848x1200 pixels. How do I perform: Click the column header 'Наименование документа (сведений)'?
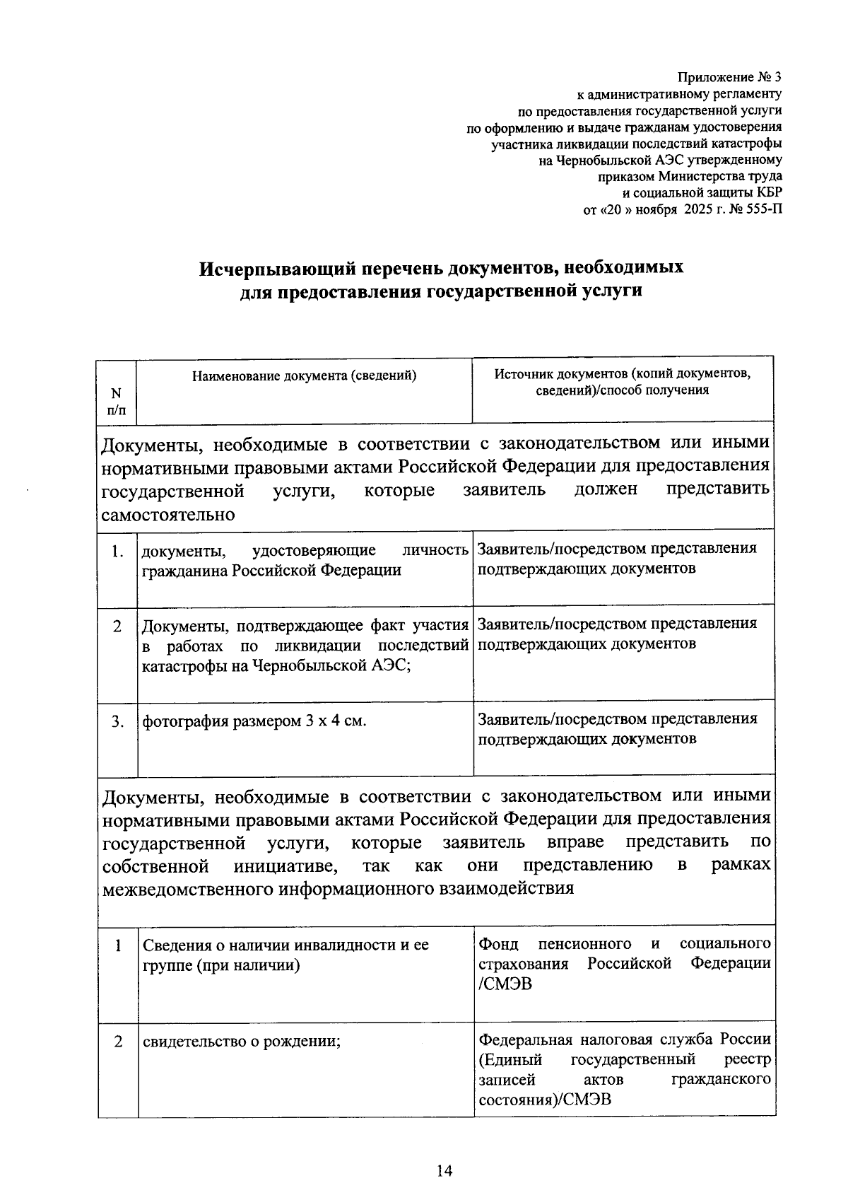point(305,376)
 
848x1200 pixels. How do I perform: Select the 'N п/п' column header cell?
point(117,402)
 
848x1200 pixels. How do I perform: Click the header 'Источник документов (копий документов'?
point(622,373)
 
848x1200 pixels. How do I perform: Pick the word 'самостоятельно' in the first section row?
point(168,514)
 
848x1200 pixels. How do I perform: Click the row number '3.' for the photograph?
point(117,721)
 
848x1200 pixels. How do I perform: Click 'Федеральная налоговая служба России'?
point(624,1039)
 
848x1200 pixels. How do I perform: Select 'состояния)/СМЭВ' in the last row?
point(545,1100)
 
